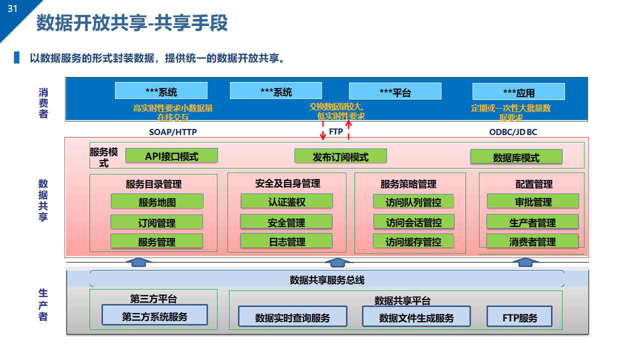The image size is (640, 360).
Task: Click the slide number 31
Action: (x=12, y=9)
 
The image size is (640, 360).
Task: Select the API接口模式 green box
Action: (x=171, y=155)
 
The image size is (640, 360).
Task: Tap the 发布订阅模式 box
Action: (x=340, y=156)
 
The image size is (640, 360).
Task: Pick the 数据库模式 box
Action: (x=516, y=156)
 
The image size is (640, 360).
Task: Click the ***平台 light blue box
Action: (x=395, y=91)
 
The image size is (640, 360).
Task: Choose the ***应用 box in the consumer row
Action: (x=518, y=91)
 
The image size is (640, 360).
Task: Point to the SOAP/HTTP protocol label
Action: (x=173, y=132)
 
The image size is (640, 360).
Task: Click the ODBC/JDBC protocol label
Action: (x=513, y=132)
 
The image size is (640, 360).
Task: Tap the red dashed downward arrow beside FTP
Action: (x=323, y=130)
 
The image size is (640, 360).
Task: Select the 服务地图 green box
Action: (x=157, y=201)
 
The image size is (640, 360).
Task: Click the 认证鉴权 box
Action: (x=287, y=201)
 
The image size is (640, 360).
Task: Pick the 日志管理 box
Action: (x=286, y=241)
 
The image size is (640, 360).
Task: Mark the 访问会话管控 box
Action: (x=413, y=221)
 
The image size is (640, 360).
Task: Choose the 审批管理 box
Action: (x=533, y=201)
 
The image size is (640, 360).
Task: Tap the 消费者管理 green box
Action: (x=532, y=241)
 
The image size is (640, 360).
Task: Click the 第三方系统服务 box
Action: (x=154, y=315)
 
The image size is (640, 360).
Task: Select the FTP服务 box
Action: (x=519, y=316)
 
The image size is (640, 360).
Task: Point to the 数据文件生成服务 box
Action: (x=416, y=316)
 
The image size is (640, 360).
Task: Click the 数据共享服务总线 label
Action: (x=327, y=280)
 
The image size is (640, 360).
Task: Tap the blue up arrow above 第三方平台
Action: (x=139, y=262)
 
